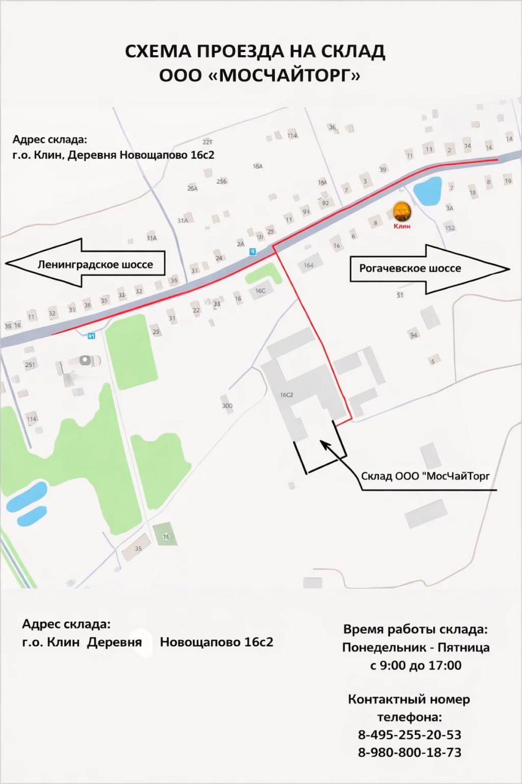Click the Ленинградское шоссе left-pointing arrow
pos(86,264)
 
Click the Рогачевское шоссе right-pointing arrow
pos(428,268)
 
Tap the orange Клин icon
pos(401,211)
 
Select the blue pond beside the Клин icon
pos(427,191)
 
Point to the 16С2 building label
pos(286,395)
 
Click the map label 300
pos(227,405)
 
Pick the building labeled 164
pos(308,265)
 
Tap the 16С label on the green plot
pos(260,290)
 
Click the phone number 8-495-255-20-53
pos(409,734)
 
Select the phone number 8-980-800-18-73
pos(409,752)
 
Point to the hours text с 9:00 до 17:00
pos(416,665)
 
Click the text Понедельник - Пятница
pos(416,647)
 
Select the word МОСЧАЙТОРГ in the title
pos(284,75)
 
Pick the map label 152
pos(450,228)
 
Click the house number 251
pos(30,365)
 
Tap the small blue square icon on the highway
pos(252,251)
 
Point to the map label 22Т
pos(207,141)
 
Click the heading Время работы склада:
pos(416,629)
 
